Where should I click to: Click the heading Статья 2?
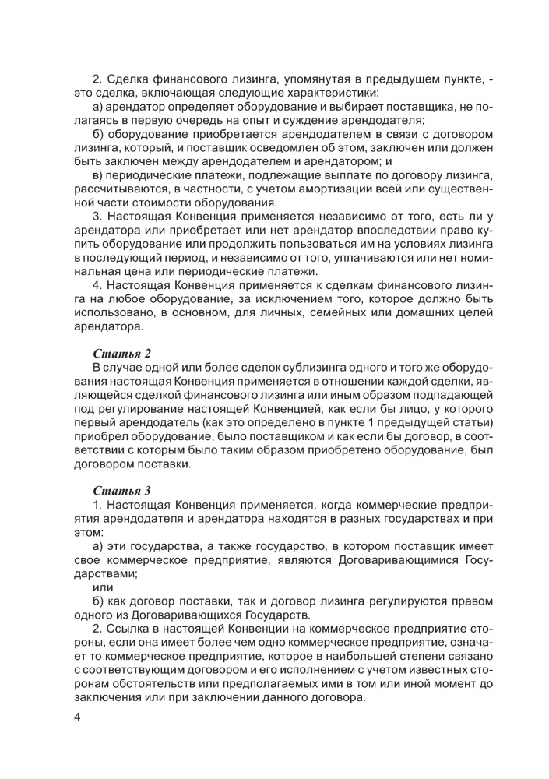point(121,354)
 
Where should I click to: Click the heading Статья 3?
point(121,491)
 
